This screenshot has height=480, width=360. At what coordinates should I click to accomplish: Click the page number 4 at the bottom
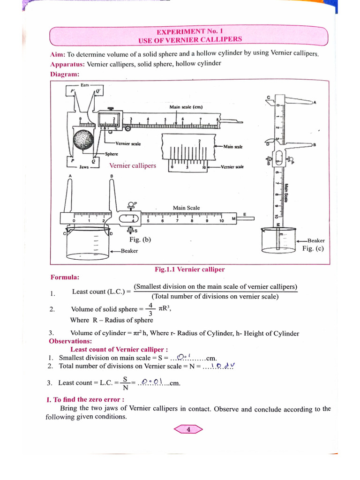pos(188,429)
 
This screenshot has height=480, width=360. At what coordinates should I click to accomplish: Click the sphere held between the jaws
pos(85,141)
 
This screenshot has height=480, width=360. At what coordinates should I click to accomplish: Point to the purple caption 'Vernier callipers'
pos(133,165)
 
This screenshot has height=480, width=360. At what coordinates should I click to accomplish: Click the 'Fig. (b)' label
pos(140,240)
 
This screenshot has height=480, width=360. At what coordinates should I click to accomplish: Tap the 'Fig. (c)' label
pos(313,248)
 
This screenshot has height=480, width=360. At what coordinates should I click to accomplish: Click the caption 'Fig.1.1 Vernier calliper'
pos(189,270)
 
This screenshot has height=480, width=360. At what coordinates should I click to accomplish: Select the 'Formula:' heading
pos(65,277)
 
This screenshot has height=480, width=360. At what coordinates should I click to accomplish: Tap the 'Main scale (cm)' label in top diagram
pos(186,107)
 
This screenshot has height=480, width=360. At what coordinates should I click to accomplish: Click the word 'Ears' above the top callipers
pos(85,85)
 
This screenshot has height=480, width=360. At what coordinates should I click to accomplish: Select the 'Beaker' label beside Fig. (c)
pos(316,240)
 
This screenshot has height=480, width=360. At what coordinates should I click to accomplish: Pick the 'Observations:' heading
pos(70,341)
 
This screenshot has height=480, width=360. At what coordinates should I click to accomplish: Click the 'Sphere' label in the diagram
pos(112,154)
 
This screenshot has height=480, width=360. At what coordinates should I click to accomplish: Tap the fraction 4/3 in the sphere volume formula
pos(150,309)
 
